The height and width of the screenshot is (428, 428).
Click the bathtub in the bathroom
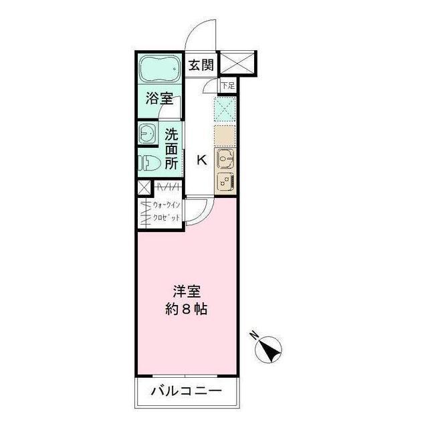[159, 70]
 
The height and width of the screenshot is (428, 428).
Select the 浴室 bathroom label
[159, 100]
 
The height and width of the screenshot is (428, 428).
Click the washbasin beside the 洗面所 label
[146, 134]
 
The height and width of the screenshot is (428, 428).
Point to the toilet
[149, 163]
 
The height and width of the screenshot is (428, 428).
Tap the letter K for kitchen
[200, 160]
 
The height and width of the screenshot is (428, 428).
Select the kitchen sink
[225, 159]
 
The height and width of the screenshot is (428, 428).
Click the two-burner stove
[225, 180]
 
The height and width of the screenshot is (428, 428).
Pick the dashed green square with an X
[225, 108]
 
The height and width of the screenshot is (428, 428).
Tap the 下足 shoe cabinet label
[229, 86]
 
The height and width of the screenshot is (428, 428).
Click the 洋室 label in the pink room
[187, 292]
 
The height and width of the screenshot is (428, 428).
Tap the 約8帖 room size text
[187, 310]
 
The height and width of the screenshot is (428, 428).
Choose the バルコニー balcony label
[186, 391]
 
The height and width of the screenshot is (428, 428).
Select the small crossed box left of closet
[144, 188]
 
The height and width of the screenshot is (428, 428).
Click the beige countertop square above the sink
[225, 136]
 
